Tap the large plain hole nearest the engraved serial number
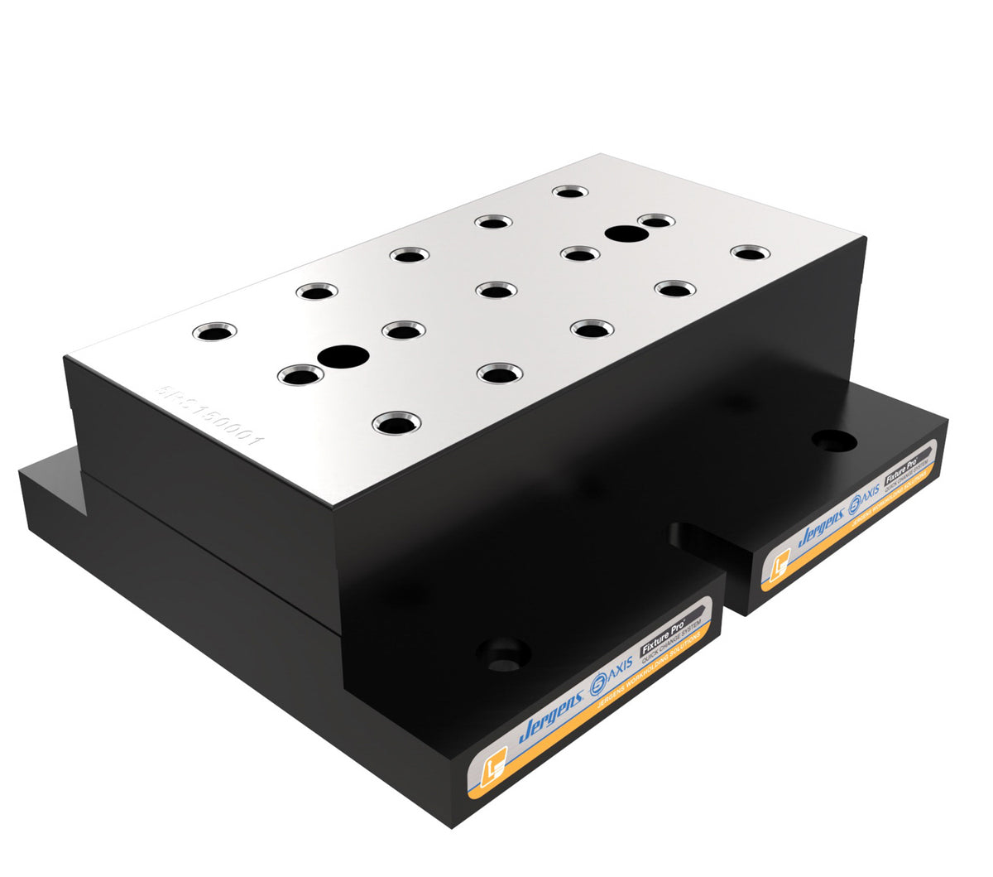(x=344, y=357)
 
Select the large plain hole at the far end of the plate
(x=626, y=234)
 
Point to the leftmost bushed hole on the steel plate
(x=213, y=332)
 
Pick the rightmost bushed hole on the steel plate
(x=750, y=253)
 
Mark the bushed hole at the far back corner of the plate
(x=569, y=192)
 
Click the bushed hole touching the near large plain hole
(x=300, y=376)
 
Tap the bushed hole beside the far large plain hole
(x=656, y=221)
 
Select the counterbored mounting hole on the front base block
(x=503, y=653)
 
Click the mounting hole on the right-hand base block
(x=833, y=441)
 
